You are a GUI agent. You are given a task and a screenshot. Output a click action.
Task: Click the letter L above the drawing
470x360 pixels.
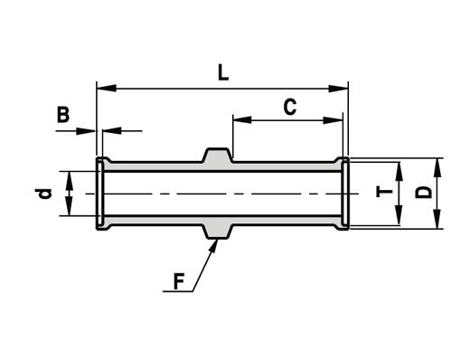(x=223, y=73)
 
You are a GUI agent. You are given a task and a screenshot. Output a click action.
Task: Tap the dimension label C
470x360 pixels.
(x=290, y=107)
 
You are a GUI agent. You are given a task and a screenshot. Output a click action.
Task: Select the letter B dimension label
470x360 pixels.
(x=63, y=115)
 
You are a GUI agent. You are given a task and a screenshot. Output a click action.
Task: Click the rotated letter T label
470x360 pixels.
(x=385, y=192)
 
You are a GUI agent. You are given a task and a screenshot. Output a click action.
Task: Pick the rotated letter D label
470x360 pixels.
(x=423, y=193)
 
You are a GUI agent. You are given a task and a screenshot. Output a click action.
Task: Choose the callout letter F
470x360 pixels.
(x=179, y=281)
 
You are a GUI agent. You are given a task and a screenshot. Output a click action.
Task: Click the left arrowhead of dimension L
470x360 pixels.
(x=107, y=89)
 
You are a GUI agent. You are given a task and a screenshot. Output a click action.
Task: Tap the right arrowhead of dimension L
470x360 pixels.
(x=338, y=89)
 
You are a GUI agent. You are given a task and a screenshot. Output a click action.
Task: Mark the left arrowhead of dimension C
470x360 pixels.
(x=242, y=119)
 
